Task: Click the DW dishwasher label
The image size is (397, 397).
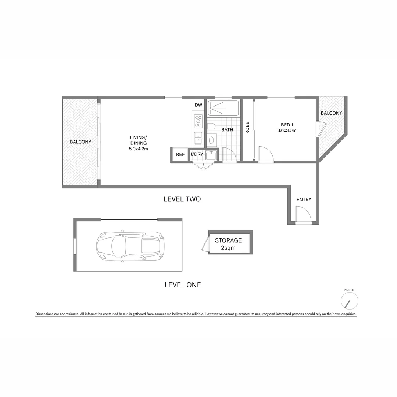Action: tap(198, 105)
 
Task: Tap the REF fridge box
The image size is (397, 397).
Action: tap(180, 155)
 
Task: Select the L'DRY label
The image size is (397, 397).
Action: tap(197, 154)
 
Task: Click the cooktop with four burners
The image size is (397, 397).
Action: tap(198, 121)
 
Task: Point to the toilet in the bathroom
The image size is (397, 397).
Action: tap(211, 127)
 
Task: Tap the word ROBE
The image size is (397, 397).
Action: tap(247, 128)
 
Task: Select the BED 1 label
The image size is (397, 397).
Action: tap(287, 124)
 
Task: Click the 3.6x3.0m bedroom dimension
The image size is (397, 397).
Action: tap(287, 130)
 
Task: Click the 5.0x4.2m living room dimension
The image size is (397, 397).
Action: tap(138, 149)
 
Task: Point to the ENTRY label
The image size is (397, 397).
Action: tap(304, 200)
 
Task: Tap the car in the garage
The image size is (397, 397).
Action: tap(130, 245)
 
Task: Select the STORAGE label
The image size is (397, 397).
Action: tap(228, 240)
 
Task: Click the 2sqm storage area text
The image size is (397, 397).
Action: tap(228, 248)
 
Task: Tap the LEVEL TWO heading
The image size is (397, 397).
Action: tap(182, 199)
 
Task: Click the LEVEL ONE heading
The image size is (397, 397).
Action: tap(183, 285)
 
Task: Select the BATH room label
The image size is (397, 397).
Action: tap(227, 130)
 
